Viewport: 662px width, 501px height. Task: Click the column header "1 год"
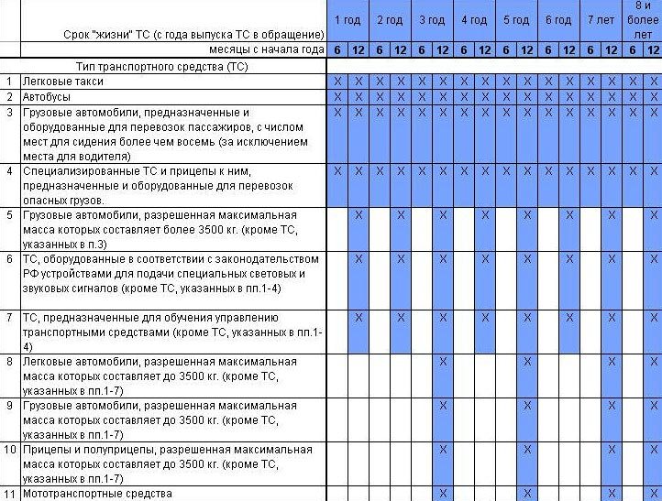click(348, 20)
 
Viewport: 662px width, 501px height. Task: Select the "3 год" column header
click(432, 20)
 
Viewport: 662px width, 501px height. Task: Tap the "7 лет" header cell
click(601, 20)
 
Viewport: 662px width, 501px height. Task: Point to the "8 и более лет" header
click(643, 19)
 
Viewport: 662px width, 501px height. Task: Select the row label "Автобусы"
click(45, 97)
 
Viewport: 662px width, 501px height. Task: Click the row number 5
click(9, 215)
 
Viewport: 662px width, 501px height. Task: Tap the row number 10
click(9, 450)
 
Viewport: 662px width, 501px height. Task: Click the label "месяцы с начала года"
click(266, 51)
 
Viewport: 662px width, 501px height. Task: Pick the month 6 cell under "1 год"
click(337, 51)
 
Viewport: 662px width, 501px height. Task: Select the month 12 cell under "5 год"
click(527, 51)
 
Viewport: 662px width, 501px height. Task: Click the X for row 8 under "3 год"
click(443, 362)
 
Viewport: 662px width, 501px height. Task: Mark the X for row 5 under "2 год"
click(401, 215)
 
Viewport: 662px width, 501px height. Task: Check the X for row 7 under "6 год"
click(569, 318)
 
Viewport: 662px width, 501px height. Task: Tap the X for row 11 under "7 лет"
click(612, 495)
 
